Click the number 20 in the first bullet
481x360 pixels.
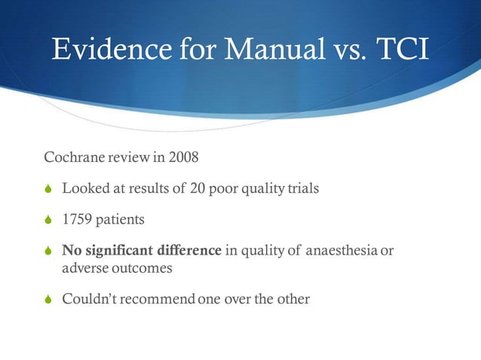(x=199, y=188)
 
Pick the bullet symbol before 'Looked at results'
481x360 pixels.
(x=48, y=189)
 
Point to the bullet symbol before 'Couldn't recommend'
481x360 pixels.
(x=48, y=300)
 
